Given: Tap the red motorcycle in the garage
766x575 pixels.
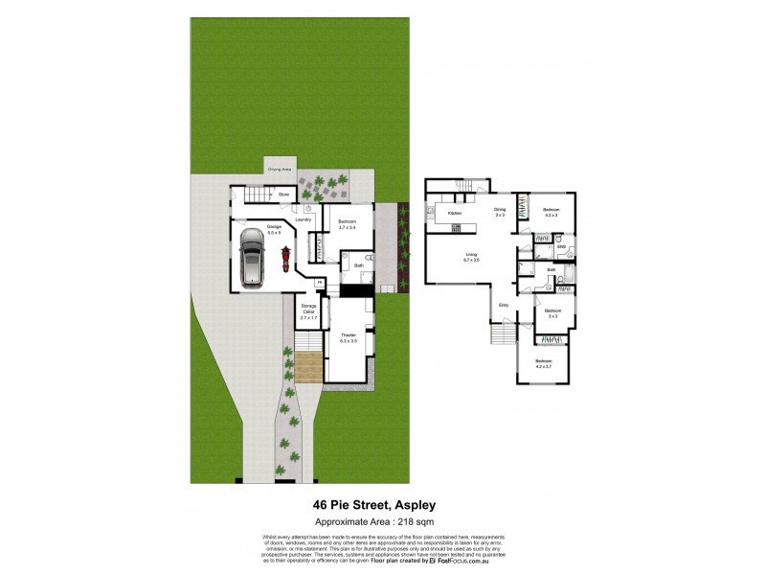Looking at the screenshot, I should click(x=285, y=257).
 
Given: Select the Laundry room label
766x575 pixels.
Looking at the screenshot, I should click(x=304, y=219).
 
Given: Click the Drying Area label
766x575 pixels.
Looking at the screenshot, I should click(x=280, y=168).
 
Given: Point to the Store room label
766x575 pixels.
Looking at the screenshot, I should click(x=283, y=195).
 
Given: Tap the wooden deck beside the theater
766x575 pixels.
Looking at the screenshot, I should click(x=306, y=367).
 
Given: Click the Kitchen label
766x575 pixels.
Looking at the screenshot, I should click(x=455, y=213).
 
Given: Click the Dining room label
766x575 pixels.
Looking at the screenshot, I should click(x=500, y=209).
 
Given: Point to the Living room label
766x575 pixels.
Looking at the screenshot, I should click(x=471, y=255).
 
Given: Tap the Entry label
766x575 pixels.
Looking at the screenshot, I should click(x=503, y=306).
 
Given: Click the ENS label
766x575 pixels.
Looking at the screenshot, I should click(x=563, y=247).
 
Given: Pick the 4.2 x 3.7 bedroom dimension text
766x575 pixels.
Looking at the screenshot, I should click(x=544, y=366).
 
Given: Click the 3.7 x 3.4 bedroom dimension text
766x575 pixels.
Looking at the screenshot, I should click(x=347, y=227).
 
